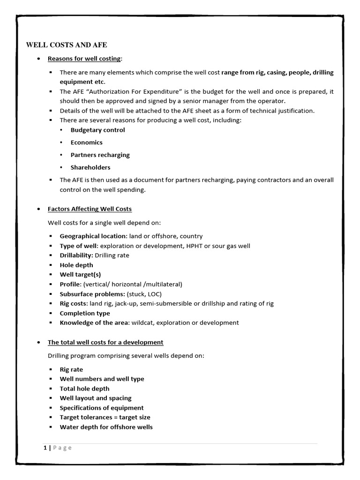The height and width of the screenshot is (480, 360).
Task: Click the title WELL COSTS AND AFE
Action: click(x=66, y=45)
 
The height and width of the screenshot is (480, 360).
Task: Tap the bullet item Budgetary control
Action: click(x=97, y=130)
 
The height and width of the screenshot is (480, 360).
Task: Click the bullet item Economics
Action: click(x=86, y=142)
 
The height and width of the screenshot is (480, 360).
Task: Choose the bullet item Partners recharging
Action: click(x=100, y=155)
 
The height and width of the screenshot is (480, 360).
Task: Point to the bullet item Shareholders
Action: click(x=90, y=167)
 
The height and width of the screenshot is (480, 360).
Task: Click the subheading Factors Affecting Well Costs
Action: click(x=90, y=209)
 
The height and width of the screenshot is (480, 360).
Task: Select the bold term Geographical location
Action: click(x=93, y=236)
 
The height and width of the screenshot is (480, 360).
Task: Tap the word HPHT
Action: click(x=215, y=246)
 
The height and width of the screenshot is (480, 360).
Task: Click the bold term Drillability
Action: click(x=76, y=255)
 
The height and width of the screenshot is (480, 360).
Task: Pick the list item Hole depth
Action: click(x=76, y=265)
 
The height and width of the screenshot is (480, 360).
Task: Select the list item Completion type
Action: click(x=85, y=313)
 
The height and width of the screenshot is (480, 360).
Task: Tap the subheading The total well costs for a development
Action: click(x=105, y=342)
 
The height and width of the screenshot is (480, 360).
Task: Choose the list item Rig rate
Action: click(x=71, y=369)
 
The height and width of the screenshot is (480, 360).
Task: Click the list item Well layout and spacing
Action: click(x=96, y=398)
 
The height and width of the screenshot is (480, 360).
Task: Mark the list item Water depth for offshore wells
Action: click(x=106, y=427)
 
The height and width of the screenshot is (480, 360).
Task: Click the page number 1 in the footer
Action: click(x=45, y=448)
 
